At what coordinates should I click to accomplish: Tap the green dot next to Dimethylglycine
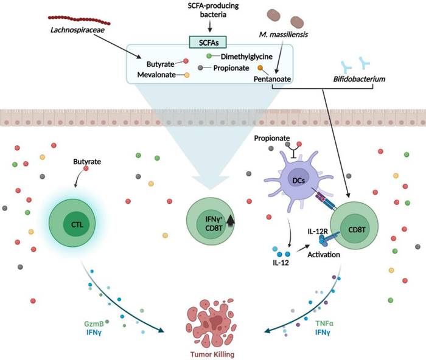209,57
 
